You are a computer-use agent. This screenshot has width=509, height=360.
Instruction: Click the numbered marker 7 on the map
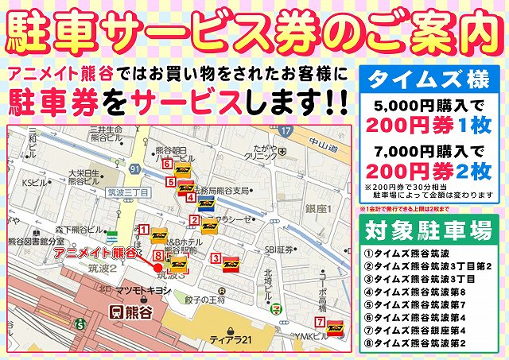[319, 323]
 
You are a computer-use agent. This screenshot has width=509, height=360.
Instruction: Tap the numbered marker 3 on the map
[216, 257]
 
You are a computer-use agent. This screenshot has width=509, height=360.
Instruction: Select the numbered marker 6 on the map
[167, 164]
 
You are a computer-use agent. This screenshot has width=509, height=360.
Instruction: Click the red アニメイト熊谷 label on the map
[95, 253]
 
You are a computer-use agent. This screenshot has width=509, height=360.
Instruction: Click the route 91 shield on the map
[137, 169]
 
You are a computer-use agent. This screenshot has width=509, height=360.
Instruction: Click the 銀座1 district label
[317, 208]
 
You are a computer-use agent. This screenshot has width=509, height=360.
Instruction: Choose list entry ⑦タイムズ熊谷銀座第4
[425, 330]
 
